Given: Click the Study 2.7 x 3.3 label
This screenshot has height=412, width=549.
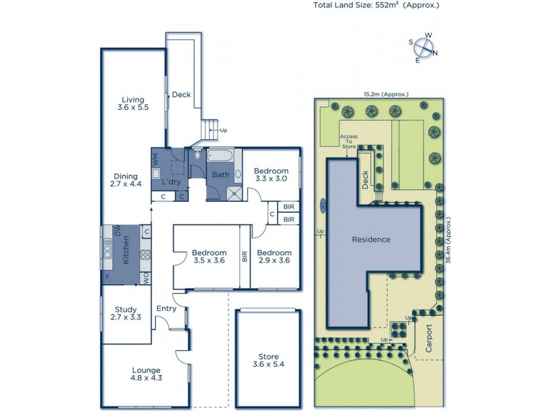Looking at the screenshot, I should point(126,313).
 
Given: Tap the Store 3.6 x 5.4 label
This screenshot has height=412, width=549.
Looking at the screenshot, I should point(268,360).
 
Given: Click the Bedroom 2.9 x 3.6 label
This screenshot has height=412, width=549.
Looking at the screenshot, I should point(274,256).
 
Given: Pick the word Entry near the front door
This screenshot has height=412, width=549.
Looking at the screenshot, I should point(166,308).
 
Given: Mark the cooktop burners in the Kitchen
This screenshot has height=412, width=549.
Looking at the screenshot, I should point(145,255).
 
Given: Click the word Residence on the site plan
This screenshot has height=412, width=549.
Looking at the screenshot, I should point(371,240).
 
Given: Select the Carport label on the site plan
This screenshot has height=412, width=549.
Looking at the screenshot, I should point(430,338).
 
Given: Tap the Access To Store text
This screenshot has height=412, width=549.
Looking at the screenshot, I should point(349,141).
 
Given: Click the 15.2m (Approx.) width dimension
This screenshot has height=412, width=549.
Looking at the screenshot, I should point(386,94).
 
